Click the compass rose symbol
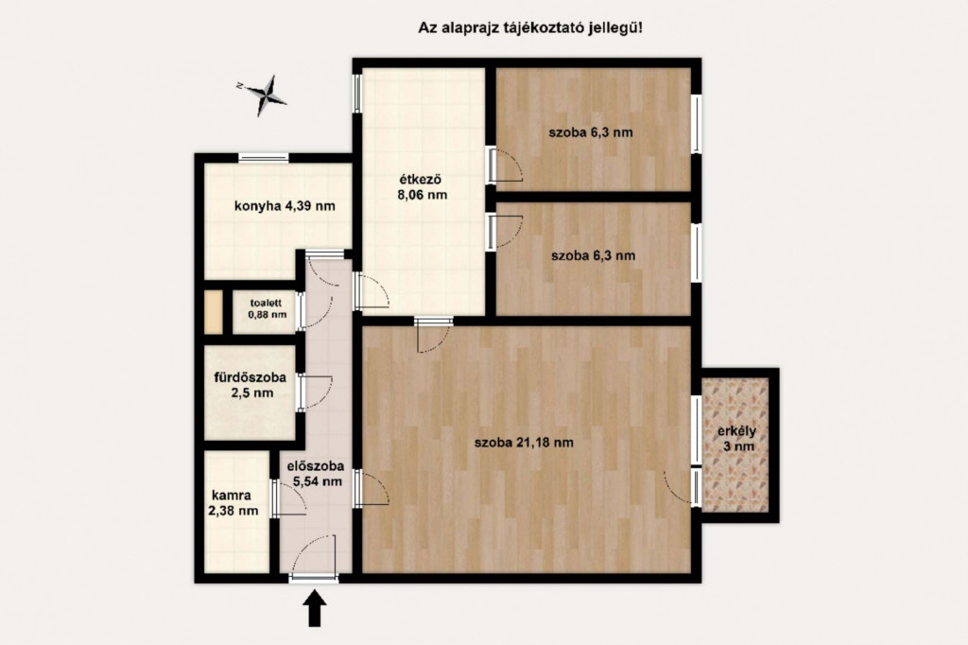(x=266, y=96)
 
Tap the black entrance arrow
(x=315, y=608)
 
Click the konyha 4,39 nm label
(x=285, y=206)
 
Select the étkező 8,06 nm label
(x=423, y=187)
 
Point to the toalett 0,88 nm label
(x=267, y=308)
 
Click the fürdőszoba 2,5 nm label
(x=250, y=384)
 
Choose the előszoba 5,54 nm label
(x=316, y=474)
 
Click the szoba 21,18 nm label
(x=524, y=443)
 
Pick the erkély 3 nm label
(x=736, y=438)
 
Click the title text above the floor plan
(x=530, y=27)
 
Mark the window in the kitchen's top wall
(x=264, y=158)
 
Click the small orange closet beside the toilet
(x=213, y=312)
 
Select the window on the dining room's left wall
(x=356, y=94)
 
